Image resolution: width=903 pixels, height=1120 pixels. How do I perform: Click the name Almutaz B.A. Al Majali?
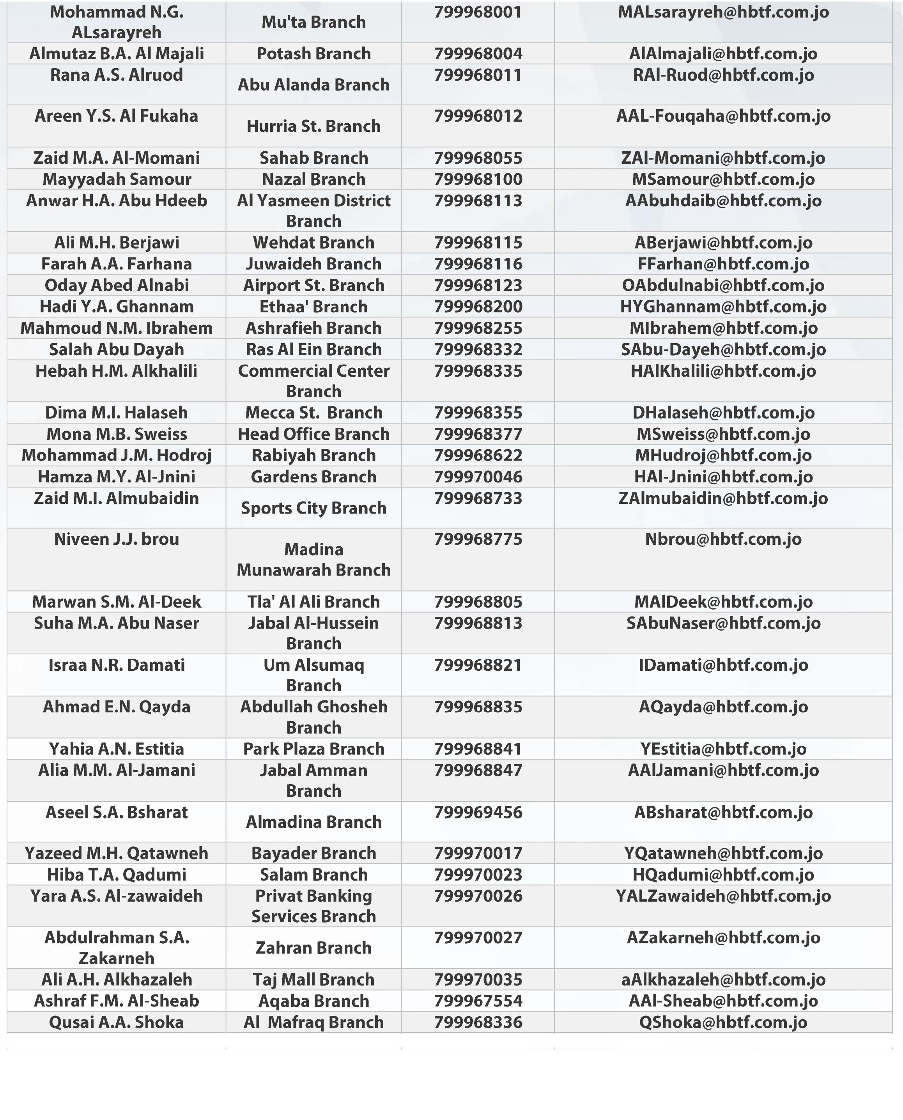click(116, 53)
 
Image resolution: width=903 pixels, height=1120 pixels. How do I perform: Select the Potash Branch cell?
click(313, 53)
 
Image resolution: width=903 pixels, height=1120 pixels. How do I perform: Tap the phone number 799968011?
click(478, 75)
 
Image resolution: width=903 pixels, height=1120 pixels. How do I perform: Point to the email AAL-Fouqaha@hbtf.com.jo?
click(723, 116)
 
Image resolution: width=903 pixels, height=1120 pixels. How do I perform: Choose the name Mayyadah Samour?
click(116, 179)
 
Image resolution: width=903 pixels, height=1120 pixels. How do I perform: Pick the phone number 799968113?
click(478, 201)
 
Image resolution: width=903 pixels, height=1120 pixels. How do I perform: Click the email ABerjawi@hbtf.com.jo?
click(723, 243)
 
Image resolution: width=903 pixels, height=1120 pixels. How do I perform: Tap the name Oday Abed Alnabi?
click(116, 285)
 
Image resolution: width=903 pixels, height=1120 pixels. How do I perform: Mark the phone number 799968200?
click(478, 307)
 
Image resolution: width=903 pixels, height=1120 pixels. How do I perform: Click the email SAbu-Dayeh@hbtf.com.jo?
click(723, 349)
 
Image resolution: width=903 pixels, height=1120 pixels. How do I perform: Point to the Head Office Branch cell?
click(313, 434)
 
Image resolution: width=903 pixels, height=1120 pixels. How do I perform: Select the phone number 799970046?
click(478, 477)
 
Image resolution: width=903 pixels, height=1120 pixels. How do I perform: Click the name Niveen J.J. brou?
click(116, 539)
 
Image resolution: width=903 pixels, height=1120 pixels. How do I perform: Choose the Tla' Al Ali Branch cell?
click(313, 601)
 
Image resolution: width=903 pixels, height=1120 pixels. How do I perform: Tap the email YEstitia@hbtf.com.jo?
click(723, 749)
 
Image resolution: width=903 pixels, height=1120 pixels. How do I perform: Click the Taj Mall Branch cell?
click(313, 980)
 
